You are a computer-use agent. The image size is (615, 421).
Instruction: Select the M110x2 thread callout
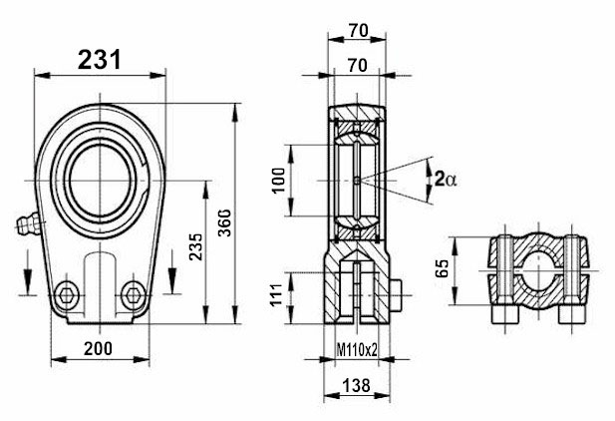tap(357, 349)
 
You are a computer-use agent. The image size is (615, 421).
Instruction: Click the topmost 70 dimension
tap(358, 30)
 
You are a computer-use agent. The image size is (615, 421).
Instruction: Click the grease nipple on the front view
tap(25, 224)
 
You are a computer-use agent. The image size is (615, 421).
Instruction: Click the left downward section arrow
tap(26, 270)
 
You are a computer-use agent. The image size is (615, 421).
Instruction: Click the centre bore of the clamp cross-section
tap(538, 266)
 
